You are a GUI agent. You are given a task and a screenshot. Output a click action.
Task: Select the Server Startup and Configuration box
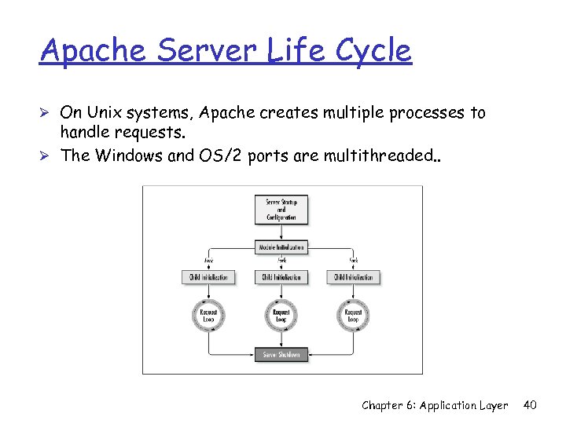click(281, 209)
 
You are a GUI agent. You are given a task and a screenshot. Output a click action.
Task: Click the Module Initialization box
click(281, 247)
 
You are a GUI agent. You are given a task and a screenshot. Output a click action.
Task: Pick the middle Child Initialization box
click(281, 277)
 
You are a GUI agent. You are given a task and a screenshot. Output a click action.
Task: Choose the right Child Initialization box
click(355, 277)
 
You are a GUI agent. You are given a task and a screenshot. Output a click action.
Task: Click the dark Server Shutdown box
click(281, 355)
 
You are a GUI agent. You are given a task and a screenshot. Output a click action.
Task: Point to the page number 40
click(530, 405)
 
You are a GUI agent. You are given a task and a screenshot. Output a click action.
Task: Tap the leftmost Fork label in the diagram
click(209, 261)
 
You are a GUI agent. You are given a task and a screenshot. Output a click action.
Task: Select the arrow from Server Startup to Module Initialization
click(281, 232)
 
